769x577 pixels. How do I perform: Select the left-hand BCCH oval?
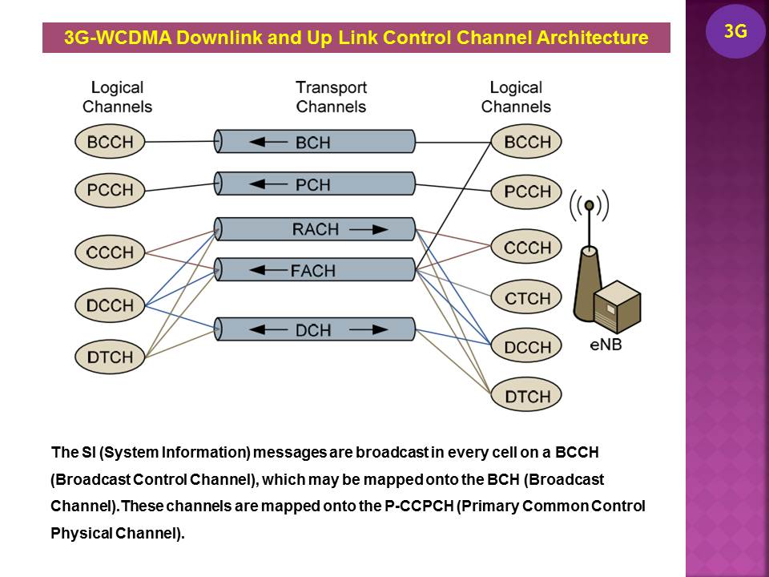[111, 143]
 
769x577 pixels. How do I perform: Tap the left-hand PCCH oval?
[111, 191]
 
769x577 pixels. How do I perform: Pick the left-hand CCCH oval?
[111, 252]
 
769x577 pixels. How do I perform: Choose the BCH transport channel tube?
[316, 143]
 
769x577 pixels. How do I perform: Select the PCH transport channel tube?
[316, 184]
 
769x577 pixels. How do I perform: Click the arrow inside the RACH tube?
[368, 229]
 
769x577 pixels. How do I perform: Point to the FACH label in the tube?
[312, 270]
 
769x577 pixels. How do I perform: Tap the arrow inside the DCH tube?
[264, 329]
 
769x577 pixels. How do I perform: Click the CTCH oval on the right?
[527, 299]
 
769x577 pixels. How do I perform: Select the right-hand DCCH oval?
[527, 347]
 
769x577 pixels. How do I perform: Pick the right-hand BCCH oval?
[527, 143]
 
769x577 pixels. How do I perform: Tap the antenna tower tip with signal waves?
[589, 207]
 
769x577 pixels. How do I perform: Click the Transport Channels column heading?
[331, 97]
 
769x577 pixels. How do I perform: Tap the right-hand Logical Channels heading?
[516, 97]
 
